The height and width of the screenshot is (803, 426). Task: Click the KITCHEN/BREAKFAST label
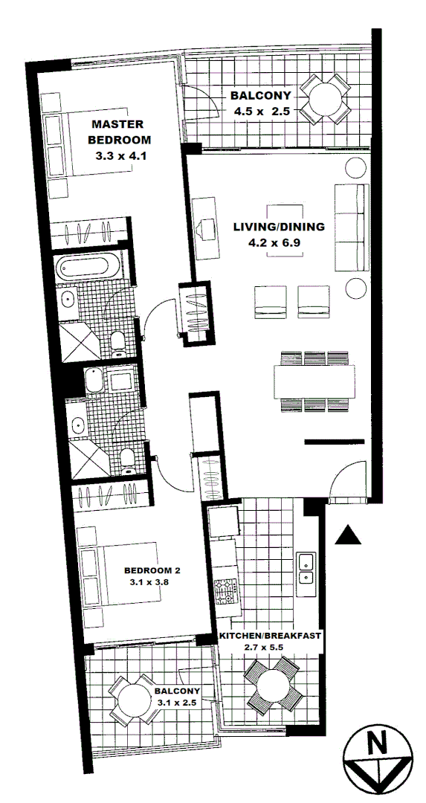[270, 636]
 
